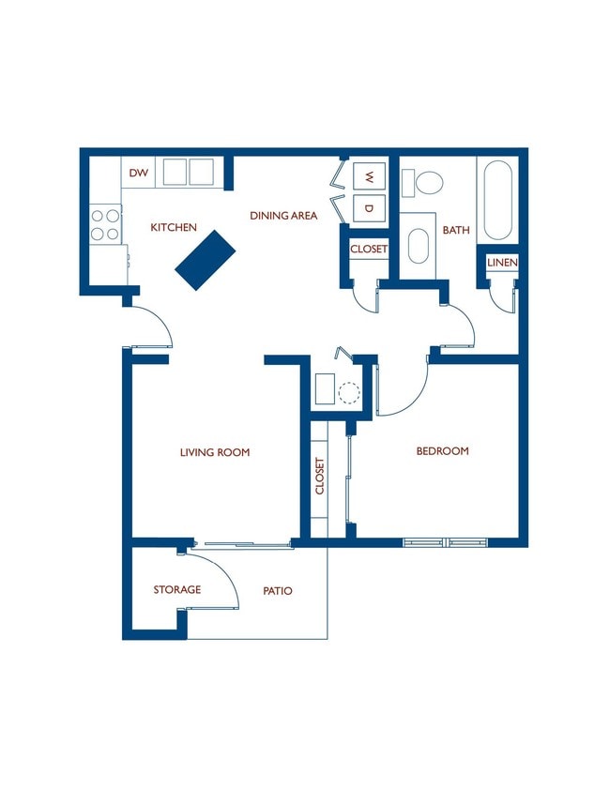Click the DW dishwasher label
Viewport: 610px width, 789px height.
click(x=138, y=173)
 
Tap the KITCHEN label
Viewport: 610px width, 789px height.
click(x=174, y=227)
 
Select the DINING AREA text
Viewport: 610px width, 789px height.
click(x=283, y=216)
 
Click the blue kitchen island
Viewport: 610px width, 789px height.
click(x=206, y=260)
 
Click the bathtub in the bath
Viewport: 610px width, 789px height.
click(x=497, y=200)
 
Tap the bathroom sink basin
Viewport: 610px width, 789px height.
click(x=418, y=246)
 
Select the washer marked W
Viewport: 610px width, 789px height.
click(x=370, y=176)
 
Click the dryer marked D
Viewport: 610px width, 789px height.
click(x=370, y=208)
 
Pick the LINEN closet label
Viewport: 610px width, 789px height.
click(x=502, y=262)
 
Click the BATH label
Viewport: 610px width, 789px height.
click(x=456, y=230)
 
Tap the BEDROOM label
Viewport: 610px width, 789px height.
click(x=442, y=451)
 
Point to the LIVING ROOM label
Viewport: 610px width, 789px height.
click(x=215, y=452)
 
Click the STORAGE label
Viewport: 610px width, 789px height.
click(x=177, y=589)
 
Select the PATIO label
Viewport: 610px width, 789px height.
click(x=278, y=590)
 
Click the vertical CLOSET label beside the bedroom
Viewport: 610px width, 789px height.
click(x=320, y=476)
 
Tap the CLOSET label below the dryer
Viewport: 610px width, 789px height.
click(x=369, y=249)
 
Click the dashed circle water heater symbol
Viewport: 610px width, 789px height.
click(x=349, y=392)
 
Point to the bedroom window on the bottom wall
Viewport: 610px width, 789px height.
click(x=446, y=542)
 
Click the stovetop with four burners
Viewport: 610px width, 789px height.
click(x=105, y=225)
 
